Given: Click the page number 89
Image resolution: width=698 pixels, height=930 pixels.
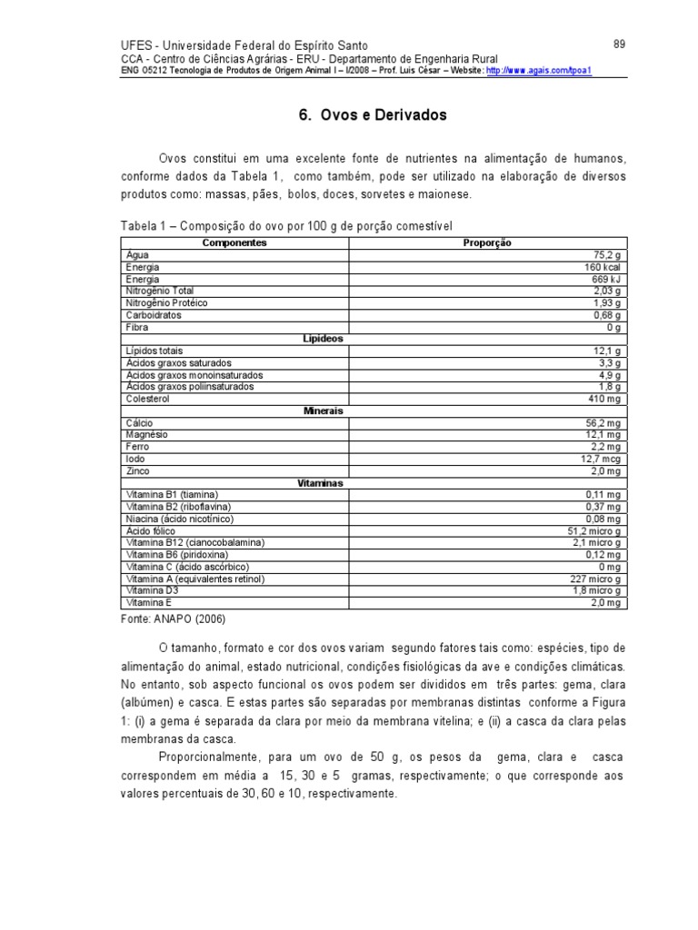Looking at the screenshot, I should tap(618, 45).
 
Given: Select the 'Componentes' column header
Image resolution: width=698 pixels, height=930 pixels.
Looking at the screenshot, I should tap(234, 243).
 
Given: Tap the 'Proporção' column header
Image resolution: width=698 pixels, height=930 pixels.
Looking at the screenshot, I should tap(487, 243).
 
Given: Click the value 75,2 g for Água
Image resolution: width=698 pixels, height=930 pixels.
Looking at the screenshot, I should tap(606, 255).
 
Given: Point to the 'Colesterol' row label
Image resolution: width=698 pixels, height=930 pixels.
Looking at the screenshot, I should tap(150, 399).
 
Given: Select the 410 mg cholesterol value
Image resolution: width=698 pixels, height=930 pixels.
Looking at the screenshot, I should tap(603, 399).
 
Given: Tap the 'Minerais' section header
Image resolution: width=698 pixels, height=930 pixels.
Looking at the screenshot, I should tap(323, 411).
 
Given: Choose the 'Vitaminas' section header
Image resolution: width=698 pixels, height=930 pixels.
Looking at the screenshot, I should tap(320, 483).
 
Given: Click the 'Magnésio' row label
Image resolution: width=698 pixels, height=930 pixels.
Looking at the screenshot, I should tap(148, 434).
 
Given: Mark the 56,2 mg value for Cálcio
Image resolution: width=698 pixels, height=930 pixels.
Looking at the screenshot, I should tap(601, 422).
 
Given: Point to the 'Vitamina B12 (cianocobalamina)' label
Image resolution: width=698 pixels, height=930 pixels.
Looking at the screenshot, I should tap(195, 542).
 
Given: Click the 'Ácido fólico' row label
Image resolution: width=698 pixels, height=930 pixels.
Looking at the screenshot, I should tap(151, 530).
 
